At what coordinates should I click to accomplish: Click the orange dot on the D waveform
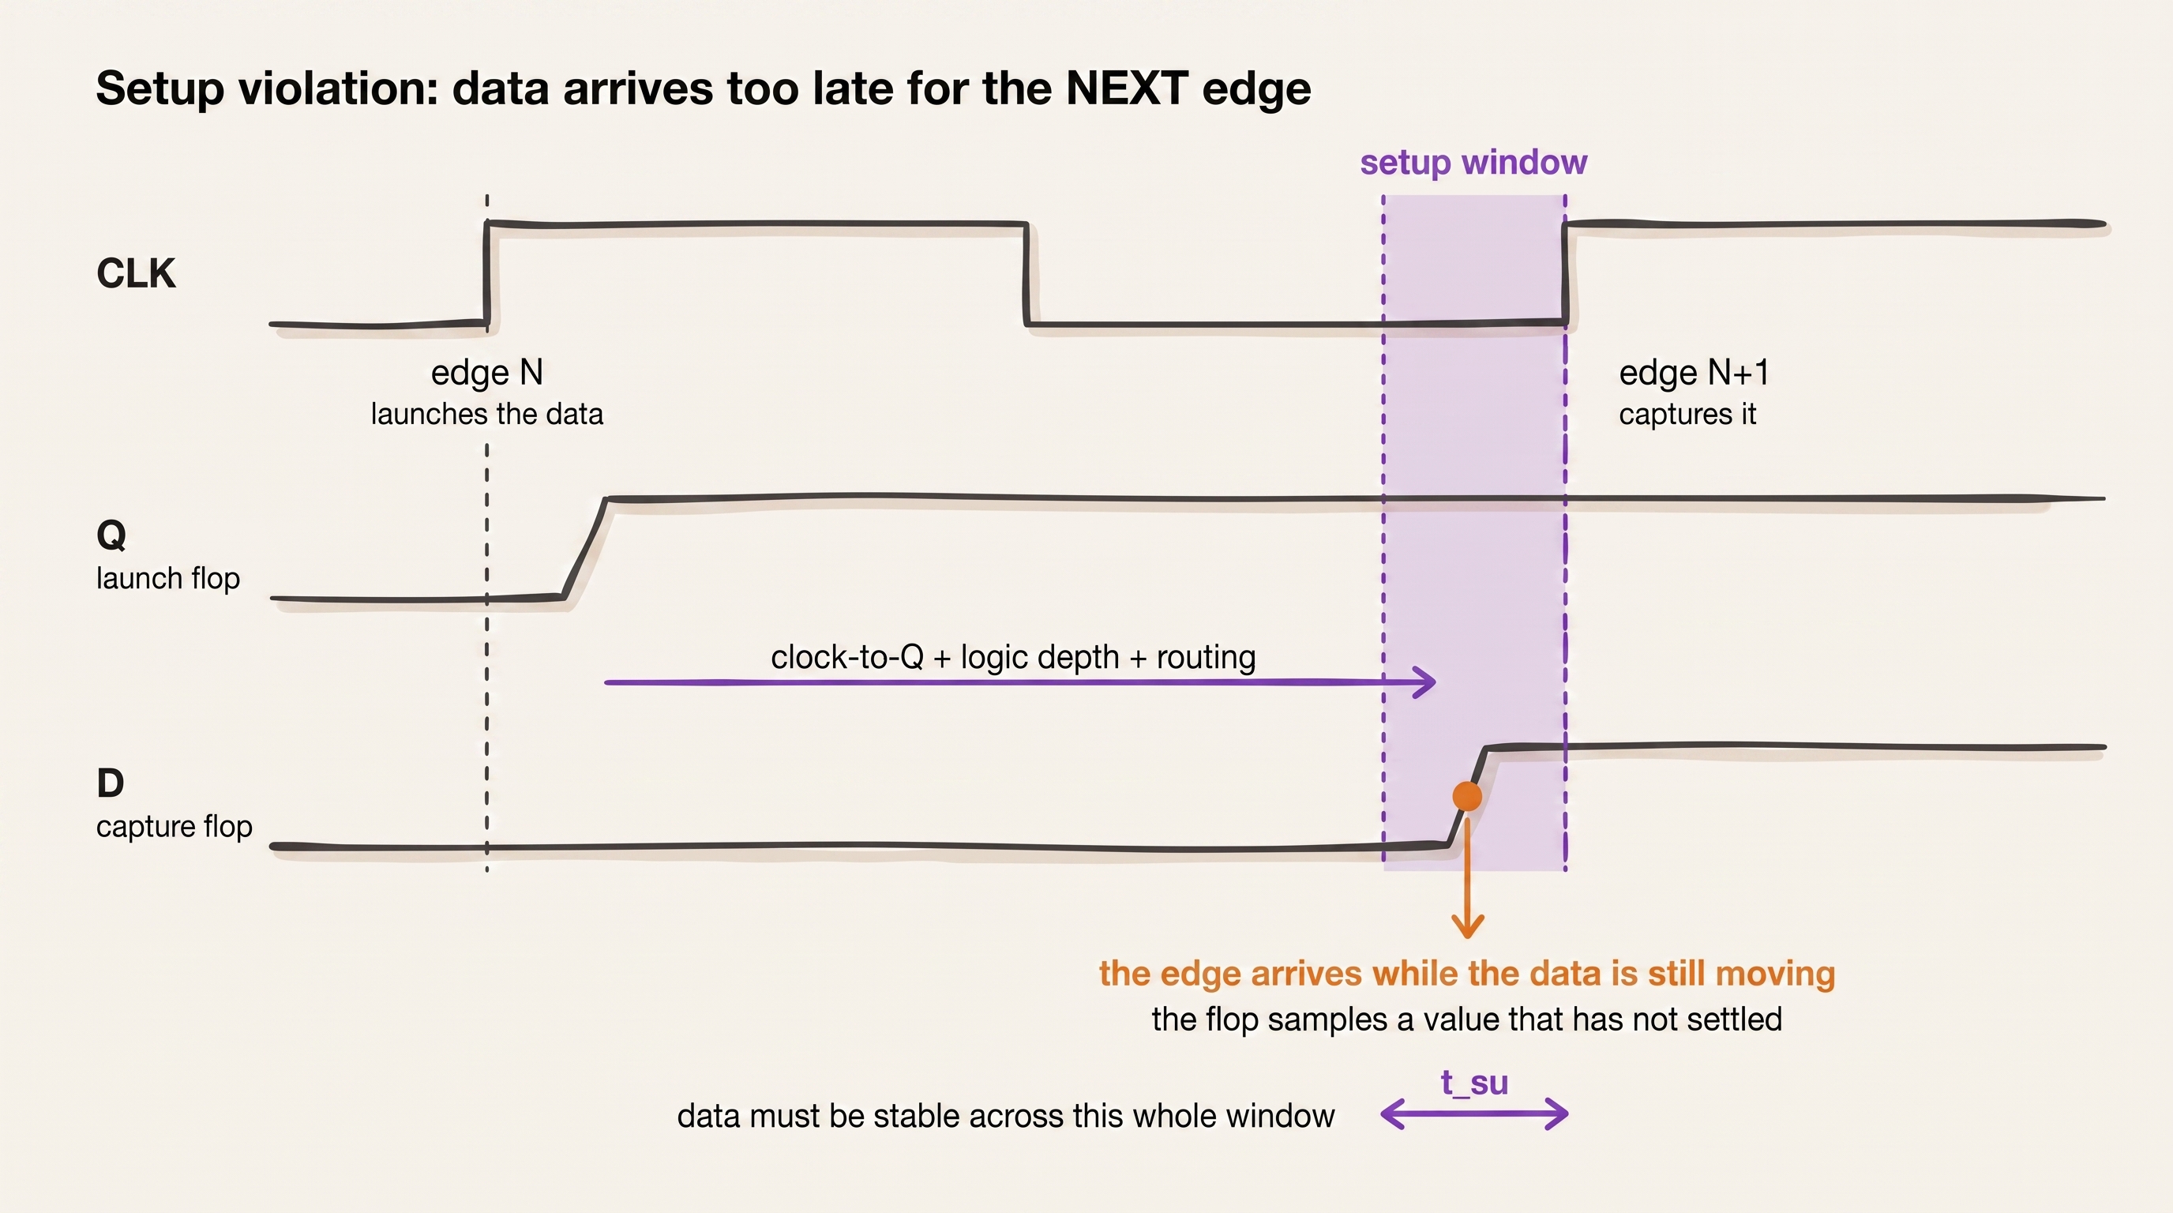(x=1467, y=796)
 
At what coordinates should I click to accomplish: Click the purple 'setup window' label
(x=1473, y=162)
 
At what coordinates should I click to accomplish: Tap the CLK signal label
(x=136, y=273)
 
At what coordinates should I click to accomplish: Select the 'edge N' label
(x=486, y=373)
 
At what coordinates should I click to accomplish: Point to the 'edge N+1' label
(x=1694, y=373)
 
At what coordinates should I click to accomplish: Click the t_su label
(x=1473, y=1083)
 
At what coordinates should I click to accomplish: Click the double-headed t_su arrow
(x=1473, y=1114)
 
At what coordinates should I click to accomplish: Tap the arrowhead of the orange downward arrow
(x=1467, y=928)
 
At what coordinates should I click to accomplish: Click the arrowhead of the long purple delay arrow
(x=1424, y=682)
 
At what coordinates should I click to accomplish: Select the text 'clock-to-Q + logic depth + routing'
(x=1013, y=657)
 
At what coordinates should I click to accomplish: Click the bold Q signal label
(x=111, y=535)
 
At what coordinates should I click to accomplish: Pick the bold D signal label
(x=111, y=783)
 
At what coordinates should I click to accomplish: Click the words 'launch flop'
(x=168, y=579)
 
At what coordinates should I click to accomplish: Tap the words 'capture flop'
(x=175, y=827)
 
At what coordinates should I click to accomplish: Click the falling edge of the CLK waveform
(x=1026, y=274)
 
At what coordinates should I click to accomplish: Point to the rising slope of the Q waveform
(x=584, y=548)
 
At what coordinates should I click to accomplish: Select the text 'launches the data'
(x=486, y=414)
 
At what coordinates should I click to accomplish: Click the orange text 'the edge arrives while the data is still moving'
(x=1467, y=974)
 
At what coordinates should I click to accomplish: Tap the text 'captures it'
(x=1687, y=414)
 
